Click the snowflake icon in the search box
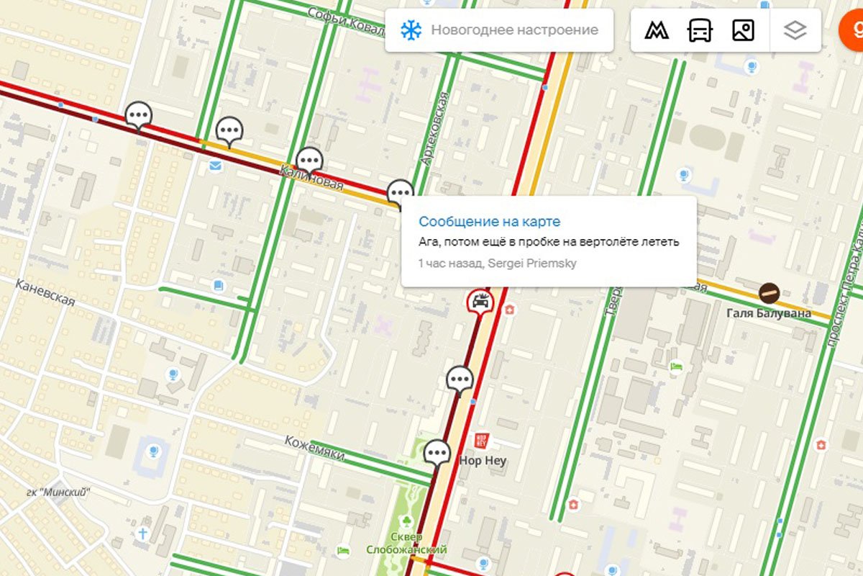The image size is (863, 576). pos(411,30)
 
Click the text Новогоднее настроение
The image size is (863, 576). pos(514,30)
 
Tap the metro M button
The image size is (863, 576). pos(656,30)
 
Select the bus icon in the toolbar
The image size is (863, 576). pos(700,30)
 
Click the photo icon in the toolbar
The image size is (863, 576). pos(743,30)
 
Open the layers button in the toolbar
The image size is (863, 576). pos(795,30)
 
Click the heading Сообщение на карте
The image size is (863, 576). pos(489,222)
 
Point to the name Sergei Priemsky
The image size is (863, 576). pos(532,264)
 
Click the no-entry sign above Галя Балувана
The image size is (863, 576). pos(769,292)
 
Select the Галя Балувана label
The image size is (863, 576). pos(768,313)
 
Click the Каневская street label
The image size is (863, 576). pos(45,292)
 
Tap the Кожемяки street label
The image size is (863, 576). pos(314,449)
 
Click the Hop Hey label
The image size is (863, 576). pos(483,461)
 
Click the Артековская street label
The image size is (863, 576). pos(436,128)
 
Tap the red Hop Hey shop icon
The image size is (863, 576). pos(481,440)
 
